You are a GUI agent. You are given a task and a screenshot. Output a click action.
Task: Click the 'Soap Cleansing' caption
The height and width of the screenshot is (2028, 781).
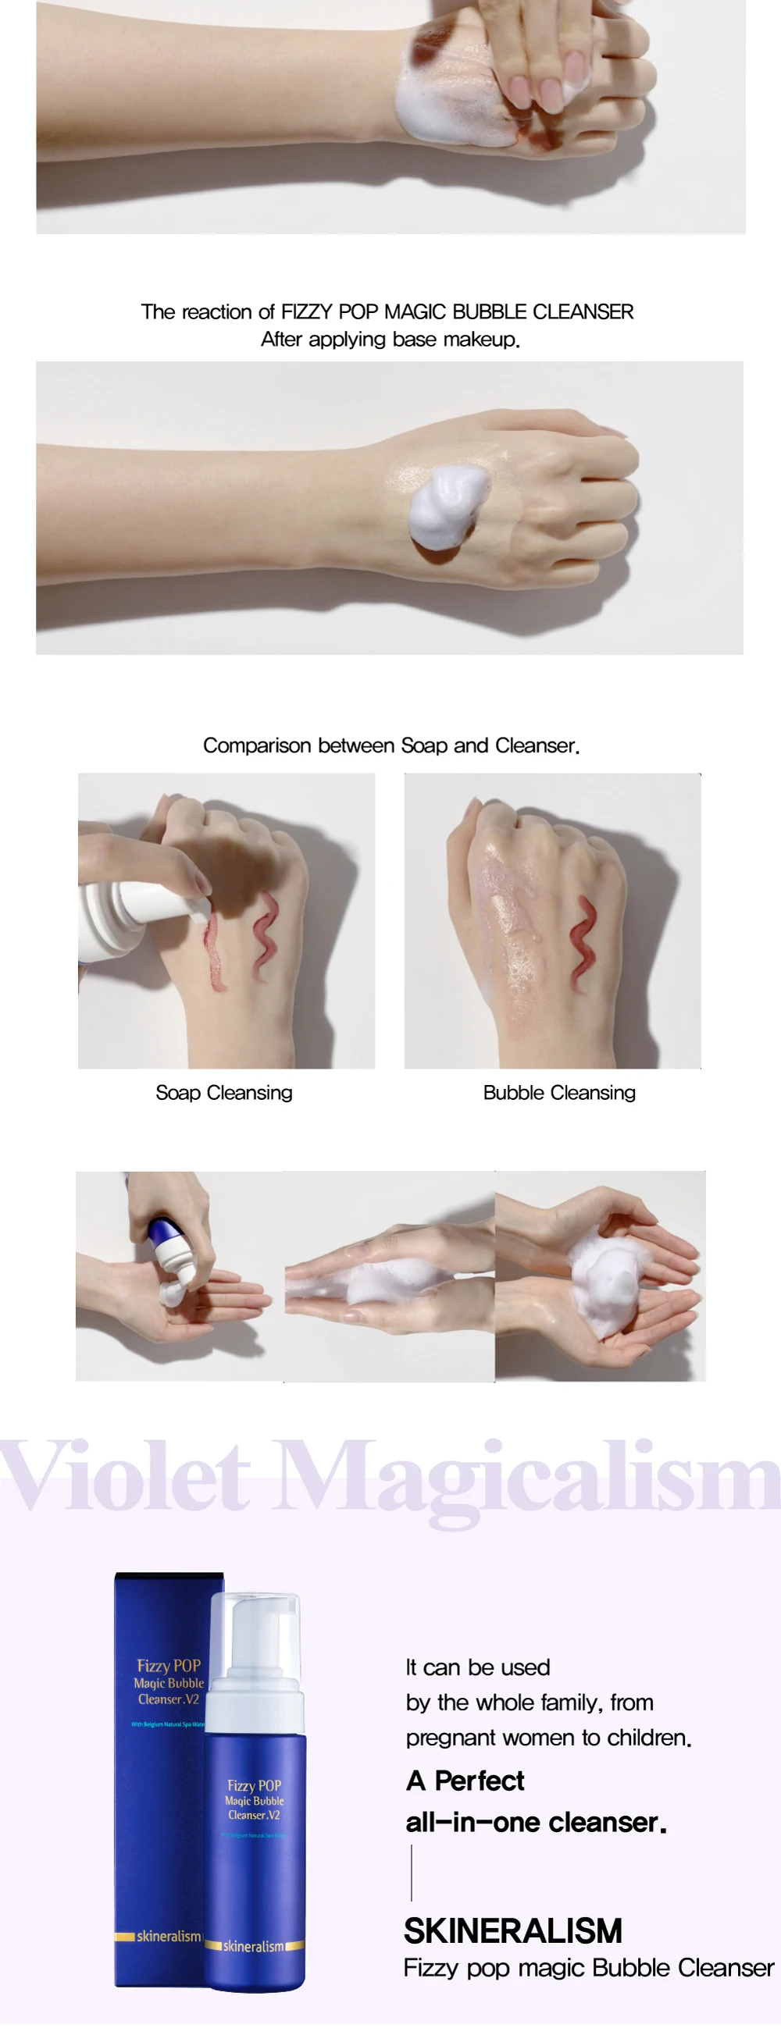click(x=223, y=1093)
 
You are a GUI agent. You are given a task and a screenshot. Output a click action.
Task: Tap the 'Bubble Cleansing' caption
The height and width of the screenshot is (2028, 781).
click(x=559, y=1093)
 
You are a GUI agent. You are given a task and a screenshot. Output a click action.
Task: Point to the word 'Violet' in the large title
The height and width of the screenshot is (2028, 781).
click(x=126, y=1475)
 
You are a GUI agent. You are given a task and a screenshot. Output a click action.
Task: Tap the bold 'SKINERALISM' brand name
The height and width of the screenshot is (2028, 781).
click(x=512, y=1931)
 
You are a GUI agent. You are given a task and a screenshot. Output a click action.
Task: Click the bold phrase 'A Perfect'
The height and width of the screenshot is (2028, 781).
click(x=465, y=1781)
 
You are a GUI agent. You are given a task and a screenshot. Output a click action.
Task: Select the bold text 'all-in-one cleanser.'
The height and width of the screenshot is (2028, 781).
click(x=535, y=1823)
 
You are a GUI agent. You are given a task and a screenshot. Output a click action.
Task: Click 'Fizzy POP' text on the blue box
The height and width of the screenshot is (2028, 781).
click(x=169, y=1665)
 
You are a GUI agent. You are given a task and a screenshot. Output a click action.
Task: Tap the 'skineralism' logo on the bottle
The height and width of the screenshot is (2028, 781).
click(x=254, y=1946)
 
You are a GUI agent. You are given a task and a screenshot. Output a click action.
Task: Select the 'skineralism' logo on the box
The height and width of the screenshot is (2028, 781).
click(x=168, y=1936)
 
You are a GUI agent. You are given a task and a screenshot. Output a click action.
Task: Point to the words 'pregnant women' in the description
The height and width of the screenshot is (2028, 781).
click(x=480, y=1738)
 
